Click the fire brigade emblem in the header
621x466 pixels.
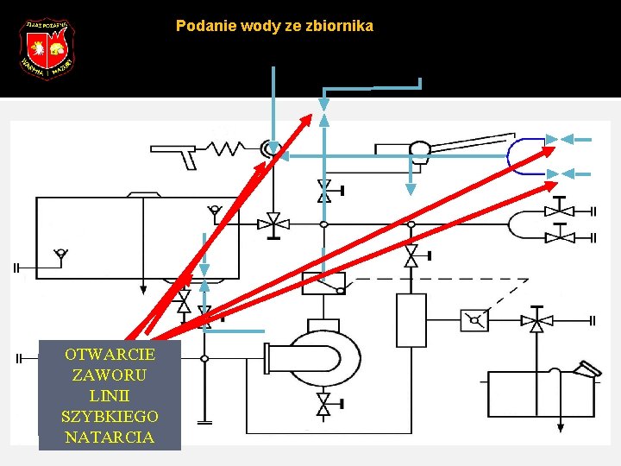click(47, 48)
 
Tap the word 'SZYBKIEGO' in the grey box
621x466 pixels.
click(110, 416)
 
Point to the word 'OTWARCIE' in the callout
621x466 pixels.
click(110, 355)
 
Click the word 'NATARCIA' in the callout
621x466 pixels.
click(110, 437)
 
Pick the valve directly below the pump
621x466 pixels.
click(323, 403)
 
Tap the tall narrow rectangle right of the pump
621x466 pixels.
click(411, 320)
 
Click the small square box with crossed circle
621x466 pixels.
click(474, 321)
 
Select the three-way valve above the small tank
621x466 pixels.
click(536, 323)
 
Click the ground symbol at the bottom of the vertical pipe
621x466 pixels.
click(204, 421)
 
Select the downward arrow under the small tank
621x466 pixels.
click(560, 425)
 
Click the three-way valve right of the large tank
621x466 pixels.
click(274, 223)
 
